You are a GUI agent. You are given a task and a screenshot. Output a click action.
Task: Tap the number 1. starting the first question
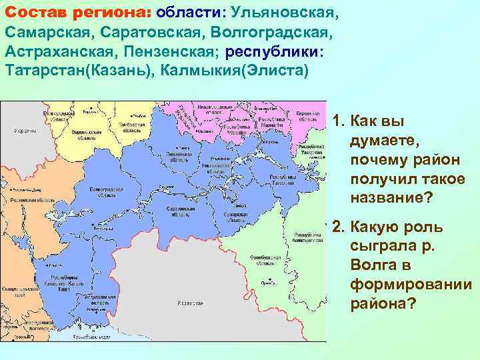coord(339,121)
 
